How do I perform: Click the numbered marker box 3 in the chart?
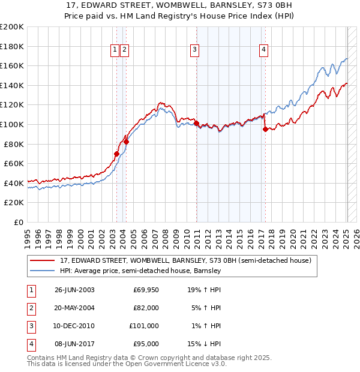pyautogui.click(x=195, y=50)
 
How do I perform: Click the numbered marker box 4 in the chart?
pyautogui.click(x=264, y=50)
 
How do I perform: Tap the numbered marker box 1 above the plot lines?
pyautogui.click(x=115, y=50)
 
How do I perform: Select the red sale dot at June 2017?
pyautogui.click(x=265, y=129)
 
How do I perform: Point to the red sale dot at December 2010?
pyautogui.click(x=196, y=123)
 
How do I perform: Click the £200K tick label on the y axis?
pyautogui.click(x=12, y=27)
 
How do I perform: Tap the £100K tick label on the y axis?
pyautogui.click(x=12, y=124)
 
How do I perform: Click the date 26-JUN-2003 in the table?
pyautogui.click(x=74, y=290)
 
